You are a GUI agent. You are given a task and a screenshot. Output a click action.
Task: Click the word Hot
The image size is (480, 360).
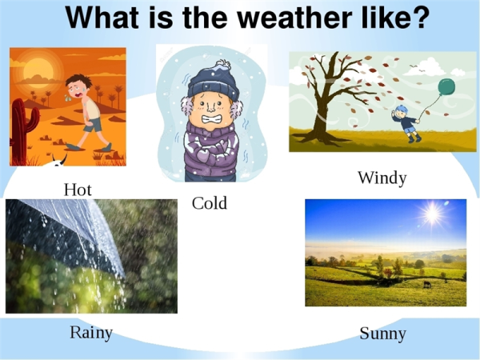pos(78,190)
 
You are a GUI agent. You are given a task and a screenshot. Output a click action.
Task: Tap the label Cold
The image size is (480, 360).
pos(210,203)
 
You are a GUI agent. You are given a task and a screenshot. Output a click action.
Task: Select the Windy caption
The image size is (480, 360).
pos(382,178)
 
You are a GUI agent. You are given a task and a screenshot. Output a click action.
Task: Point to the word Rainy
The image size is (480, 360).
pos(91,332)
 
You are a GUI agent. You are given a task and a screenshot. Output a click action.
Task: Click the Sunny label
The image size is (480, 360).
pos(382,333)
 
